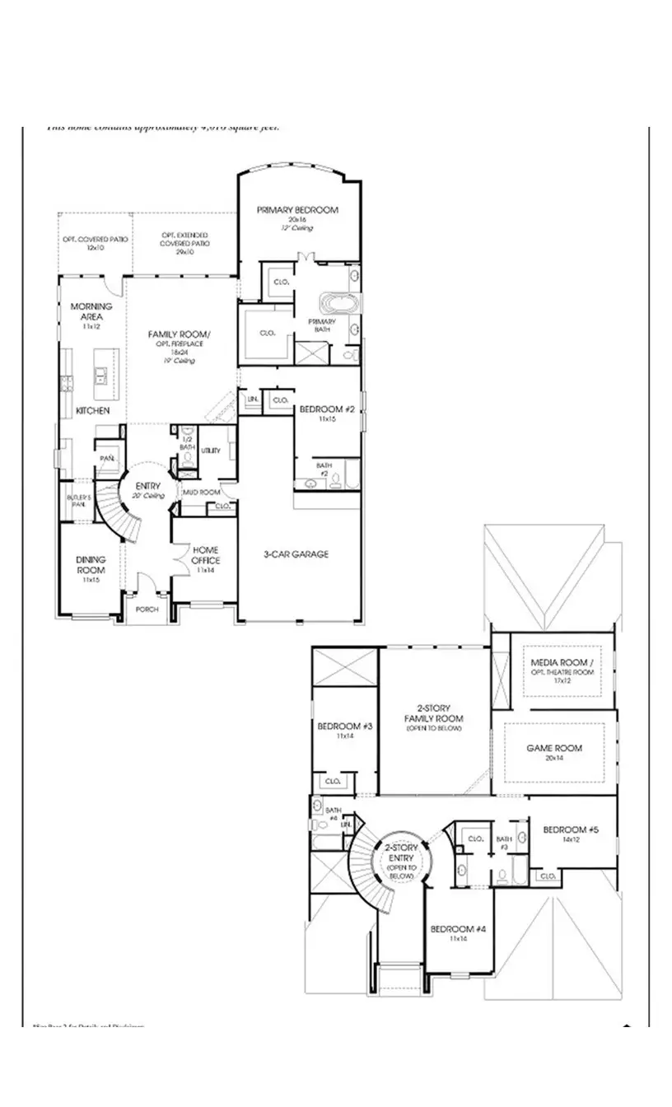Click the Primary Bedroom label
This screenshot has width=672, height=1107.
[x=297, y=210]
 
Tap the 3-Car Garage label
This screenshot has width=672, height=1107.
[x=296, y=554]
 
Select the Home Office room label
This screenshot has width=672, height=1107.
[x=205, y=555]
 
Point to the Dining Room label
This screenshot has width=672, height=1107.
[x=91, y=565]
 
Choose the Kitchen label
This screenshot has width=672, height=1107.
[x=93, y=410]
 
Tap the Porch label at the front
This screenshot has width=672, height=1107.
[x=147, y=610]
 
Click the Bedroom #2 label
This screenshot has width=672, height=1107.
[x=326, y=409]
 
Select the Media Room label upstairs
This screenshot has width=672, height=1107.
[x=562, y=662]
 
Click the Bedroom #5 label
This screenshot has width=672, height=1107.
[x=570, y=829]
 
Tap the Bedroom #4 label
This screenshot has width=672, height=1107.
[x=458, y=929]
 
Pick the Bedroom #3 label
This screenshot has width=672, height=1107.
[x=345, y=726]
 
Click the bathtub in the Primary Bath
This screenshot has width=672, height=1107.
[x=340, y=302]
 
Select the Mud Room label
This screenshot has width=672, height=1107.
[x=201, y=492]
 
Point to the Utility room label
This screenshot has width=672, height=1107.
[x=211, y=451]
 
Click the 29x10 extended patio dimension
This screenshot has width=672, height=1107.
[x=185, y=252]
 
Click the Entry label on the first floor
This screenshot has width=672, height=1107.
[x=148, y=486]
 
